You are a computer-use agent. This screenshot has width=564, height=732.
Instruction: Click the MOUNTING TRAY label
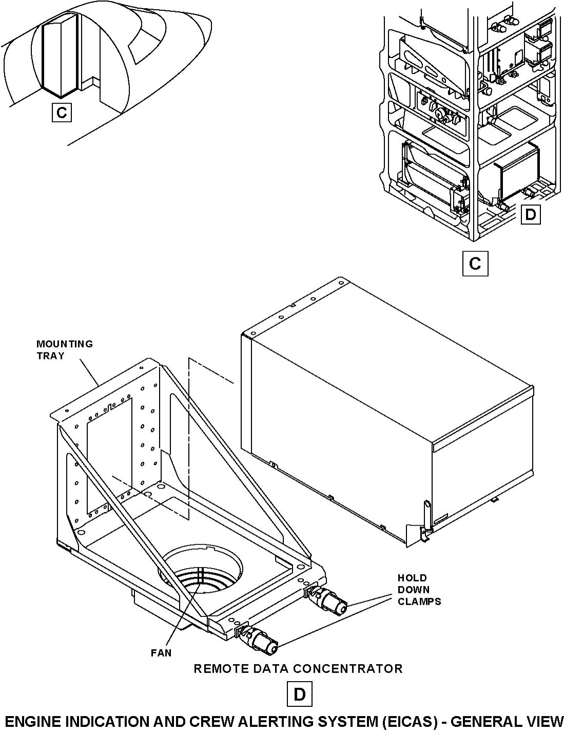pos(64,350)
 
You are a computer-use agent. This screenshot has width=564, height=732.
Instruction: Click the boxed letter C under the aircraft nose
pos(62,112)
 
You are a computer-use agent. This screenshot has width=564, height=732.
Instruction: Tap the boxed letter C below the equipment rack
pos(475,264)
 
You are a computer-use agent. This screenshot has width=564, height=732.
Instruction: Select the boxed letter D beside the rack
pos(531,214)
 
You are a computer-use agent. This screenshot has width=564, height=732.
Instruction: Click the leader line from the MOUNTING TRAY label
pos(89,373)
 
